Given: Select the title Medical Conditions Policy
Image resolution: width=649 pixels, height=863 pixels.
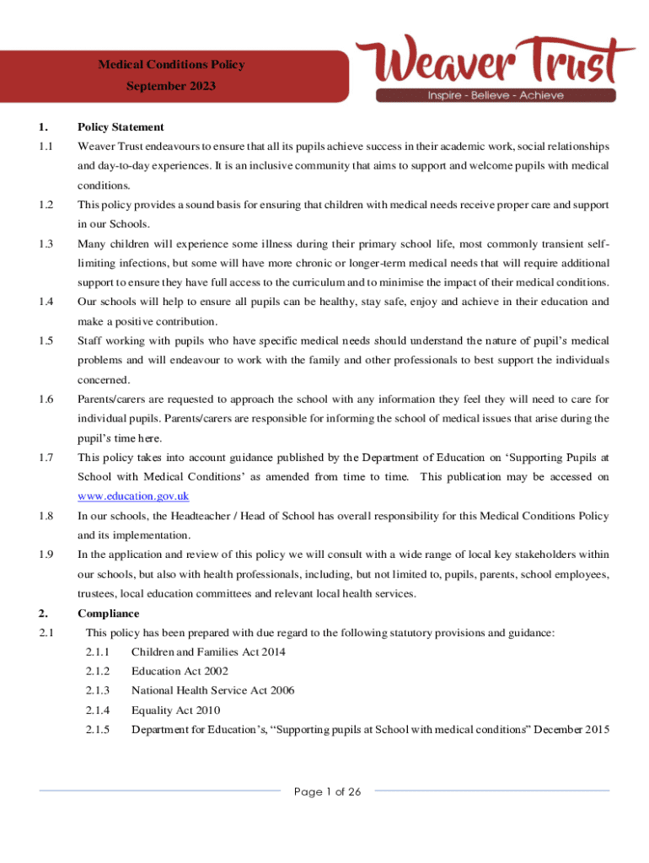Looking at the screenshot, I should click(x=172, y=64).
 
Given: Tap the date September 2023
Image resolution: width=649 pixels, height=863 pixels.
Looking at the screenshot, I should click(x=172, y=86).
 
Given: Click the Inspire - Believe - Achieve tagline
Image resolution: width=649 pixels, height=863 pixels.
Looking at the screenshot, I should click(x=496, y=95).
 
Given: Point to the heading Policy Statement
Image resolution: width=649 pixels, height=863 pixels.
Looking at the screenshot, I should click(x=121, y=127).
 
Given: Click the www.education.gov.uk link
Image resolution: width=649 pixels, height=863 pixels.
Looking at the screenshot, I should click(x=133, y=496).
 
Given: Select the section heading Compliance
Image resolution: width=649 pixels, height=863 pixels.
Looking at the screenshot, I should click(x=109, y=614).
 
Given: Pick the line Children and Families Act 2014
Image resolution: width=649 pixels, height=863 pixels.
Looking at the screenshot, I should click(x=208, y=651).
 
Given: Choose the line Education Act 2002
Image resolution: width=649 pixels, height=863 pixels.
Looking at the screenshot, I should click(x=180, y=671).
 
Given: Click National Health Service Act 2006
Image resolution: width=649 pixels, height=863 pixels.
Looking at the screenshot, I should click(x=212, y=690).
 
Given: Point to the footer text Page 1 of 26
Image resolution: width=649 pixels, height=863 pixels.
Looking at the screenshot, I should click(x=327, y=791).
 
